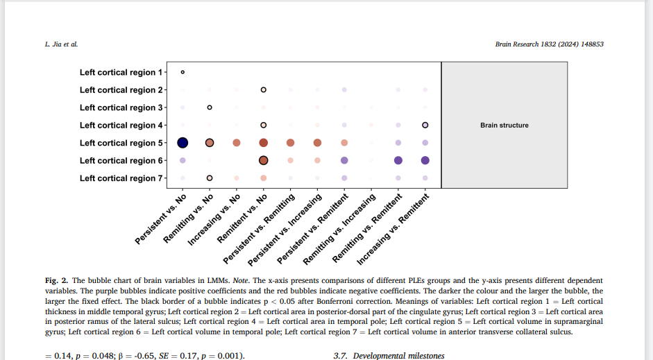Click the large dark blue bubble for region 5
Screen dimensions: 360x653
coord(183,143)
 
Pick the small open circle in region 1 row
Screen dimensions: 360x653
coord(183,72)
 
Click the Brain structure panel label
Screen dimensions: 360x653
coord(504,126)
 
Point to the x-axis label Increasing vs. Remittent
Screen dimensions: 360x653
coord(393,230)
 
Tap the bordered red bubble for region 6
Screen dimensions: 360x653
coord(264,160)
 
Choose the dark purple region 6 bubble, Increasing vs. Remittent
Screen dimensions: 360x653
coord(425,160)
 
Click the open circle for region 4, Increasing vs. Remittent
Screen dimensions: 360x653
coord(425,126)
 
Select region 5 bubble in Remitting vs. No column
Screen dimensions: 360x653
coord(210,143)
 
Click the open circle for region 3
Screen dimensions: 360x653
coord(210,108)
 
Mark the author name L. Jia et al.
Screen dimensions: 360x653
coord(61,44)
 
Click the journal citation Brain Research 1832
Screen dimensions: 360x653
coord(549,44)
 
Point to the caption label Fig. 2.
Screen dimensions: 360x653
coord(56,280)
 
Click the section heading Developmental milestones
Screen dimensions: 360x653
coord(398,356)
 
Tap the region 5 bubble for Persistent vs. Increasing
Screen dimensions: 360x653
coord(317,143)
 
